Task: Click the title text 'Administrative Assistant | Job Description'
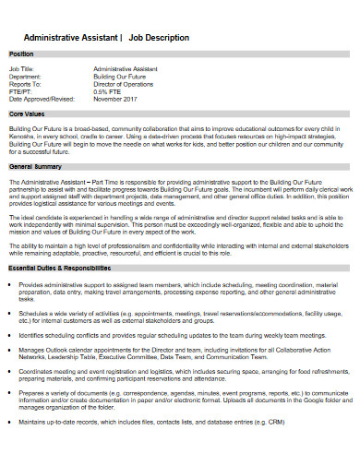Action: (104, 38)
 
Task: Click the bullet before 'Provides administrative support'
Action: (19, 285)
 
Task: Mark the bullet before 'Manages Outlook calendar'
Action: (19, 352)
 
